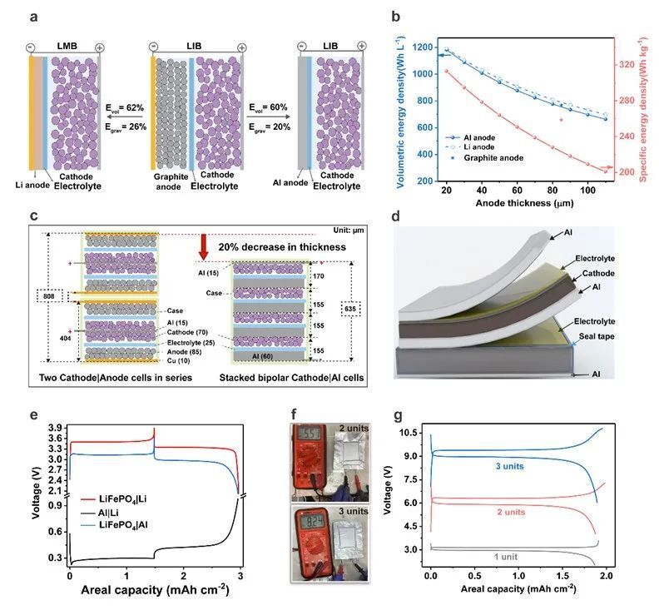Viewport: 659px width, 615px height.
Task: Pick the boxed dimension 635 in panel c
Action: click(349, 310)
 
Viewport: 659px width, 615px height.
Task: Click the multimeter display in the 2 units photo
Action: click(310, 436)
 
